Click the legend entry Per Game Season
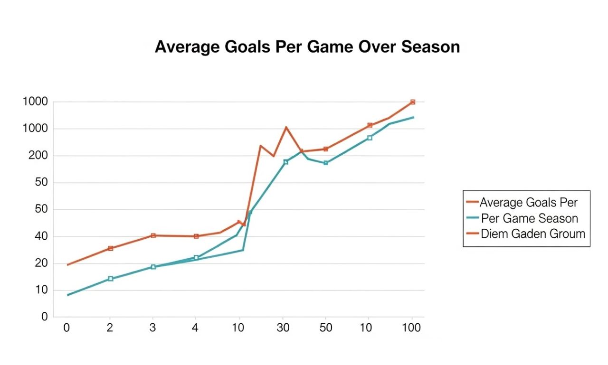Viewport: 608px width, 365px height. (529, 218)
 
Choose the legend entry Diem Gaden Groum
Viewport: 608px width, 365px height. (532, 234)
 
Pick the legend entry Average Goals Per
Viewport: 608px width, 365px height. (528, 203)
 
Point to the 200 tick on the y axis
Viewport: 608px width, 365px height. (37, 156)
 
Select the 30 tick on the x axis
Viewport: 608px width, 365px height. (283, 328)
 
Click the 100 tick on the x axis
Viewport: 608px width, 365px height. (411, 328)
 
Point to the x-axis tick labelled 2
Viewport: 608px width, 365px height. (110, 328)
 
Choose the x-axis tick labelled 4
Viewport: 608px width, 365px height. (195, 328)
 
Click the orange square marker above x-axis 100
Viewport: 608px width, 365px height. (413, 102)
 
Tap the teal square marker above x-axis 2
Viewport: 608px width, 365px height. (110, 279)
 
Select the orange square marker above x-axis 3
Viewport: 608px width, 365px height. (153, 235)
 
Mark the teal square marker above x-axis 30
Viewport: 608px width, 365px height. (286, 162)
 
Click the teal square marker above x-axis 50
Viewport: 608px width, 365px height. (326, 163)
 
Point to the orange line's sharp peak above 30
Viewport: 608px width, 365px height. (286, 127)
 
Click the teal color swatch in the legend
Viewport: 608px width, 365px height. (472, 218)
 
